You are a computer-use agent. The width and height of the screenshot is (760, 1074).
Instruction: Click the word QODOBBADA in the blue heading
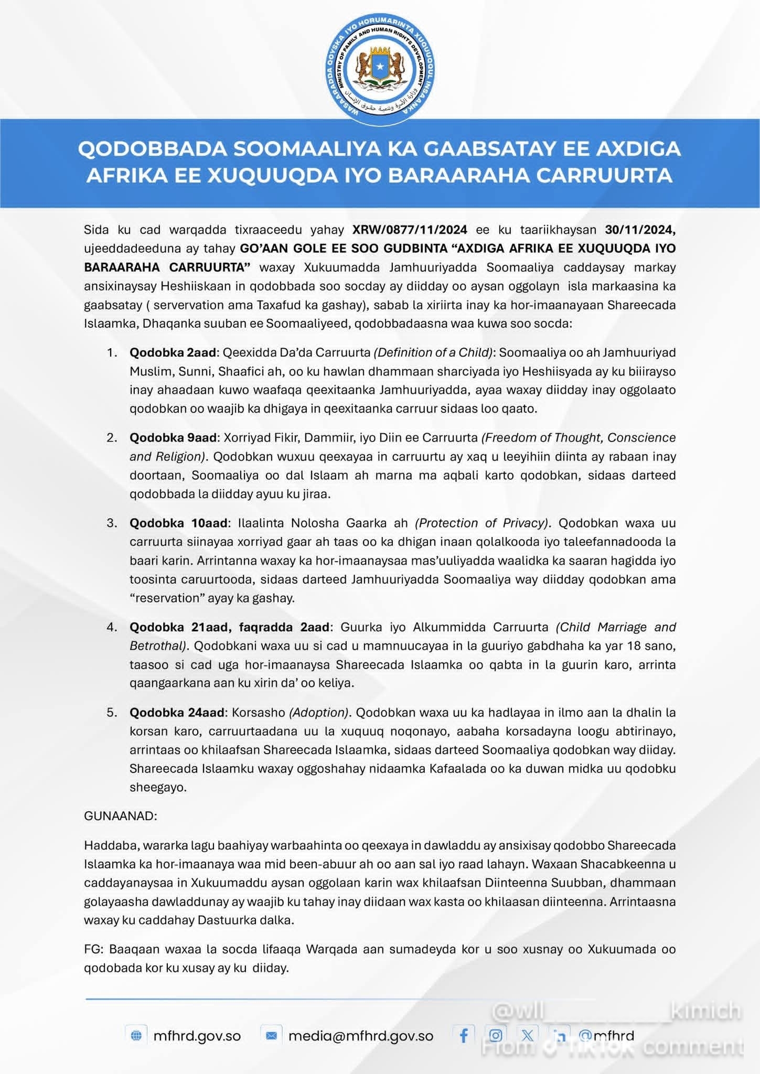click(x=152, y=149)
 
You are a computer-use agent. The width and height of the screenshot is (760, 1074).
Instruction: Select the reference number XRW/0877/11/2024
click(x=410, y=229)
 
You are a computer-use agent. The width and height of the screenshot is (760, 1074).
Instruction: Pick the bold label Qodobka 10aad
click(x=178, y=523)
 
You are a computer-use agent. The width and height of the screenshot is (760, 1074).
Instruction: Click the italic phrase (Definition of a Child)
click(x=433, y=352)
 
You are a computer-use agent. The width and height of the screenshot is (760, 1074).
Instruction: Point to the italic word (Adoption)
click(x=319, y=712)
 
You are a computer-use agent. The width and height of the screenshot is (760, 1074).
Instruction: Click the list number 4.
click(x=111, y=627)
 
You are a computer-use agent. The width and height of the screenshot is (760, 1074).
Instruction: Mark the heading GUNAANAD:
click(x=120, y=816)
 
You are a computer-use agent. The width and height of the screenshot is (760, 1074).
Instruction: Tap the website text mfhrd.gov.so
click(x=197, y=1036)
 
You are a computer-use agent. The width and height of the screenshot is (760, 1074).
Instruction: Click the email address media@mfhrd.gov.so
click(x=360, y=1036)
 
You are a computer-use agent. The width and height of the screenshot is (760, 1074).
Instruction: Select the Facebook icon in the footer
click(x=464, y=1035)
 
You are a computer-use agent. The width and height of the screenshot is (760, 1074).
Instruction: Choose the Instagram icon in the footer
click(x=495, y=1035)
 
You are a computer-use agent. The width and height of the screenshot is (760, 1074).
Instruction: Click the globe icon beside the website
click(x=136, y=1036)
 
